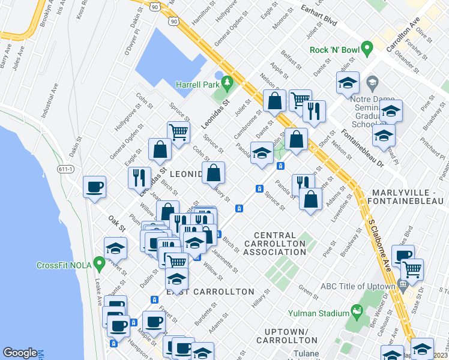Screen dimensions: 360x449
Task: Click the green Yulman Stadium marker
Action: coord(358,311)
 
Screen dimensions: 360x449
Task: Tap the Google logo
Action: coord(20,353)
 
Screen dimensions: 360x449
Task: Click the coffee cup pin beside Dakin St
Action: coord(95,187)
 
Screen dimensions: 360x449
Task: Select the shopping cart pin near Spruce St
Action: coord(178,131)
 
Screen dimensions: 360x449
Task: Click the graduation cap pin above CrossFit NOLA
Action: coord(115,248)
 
